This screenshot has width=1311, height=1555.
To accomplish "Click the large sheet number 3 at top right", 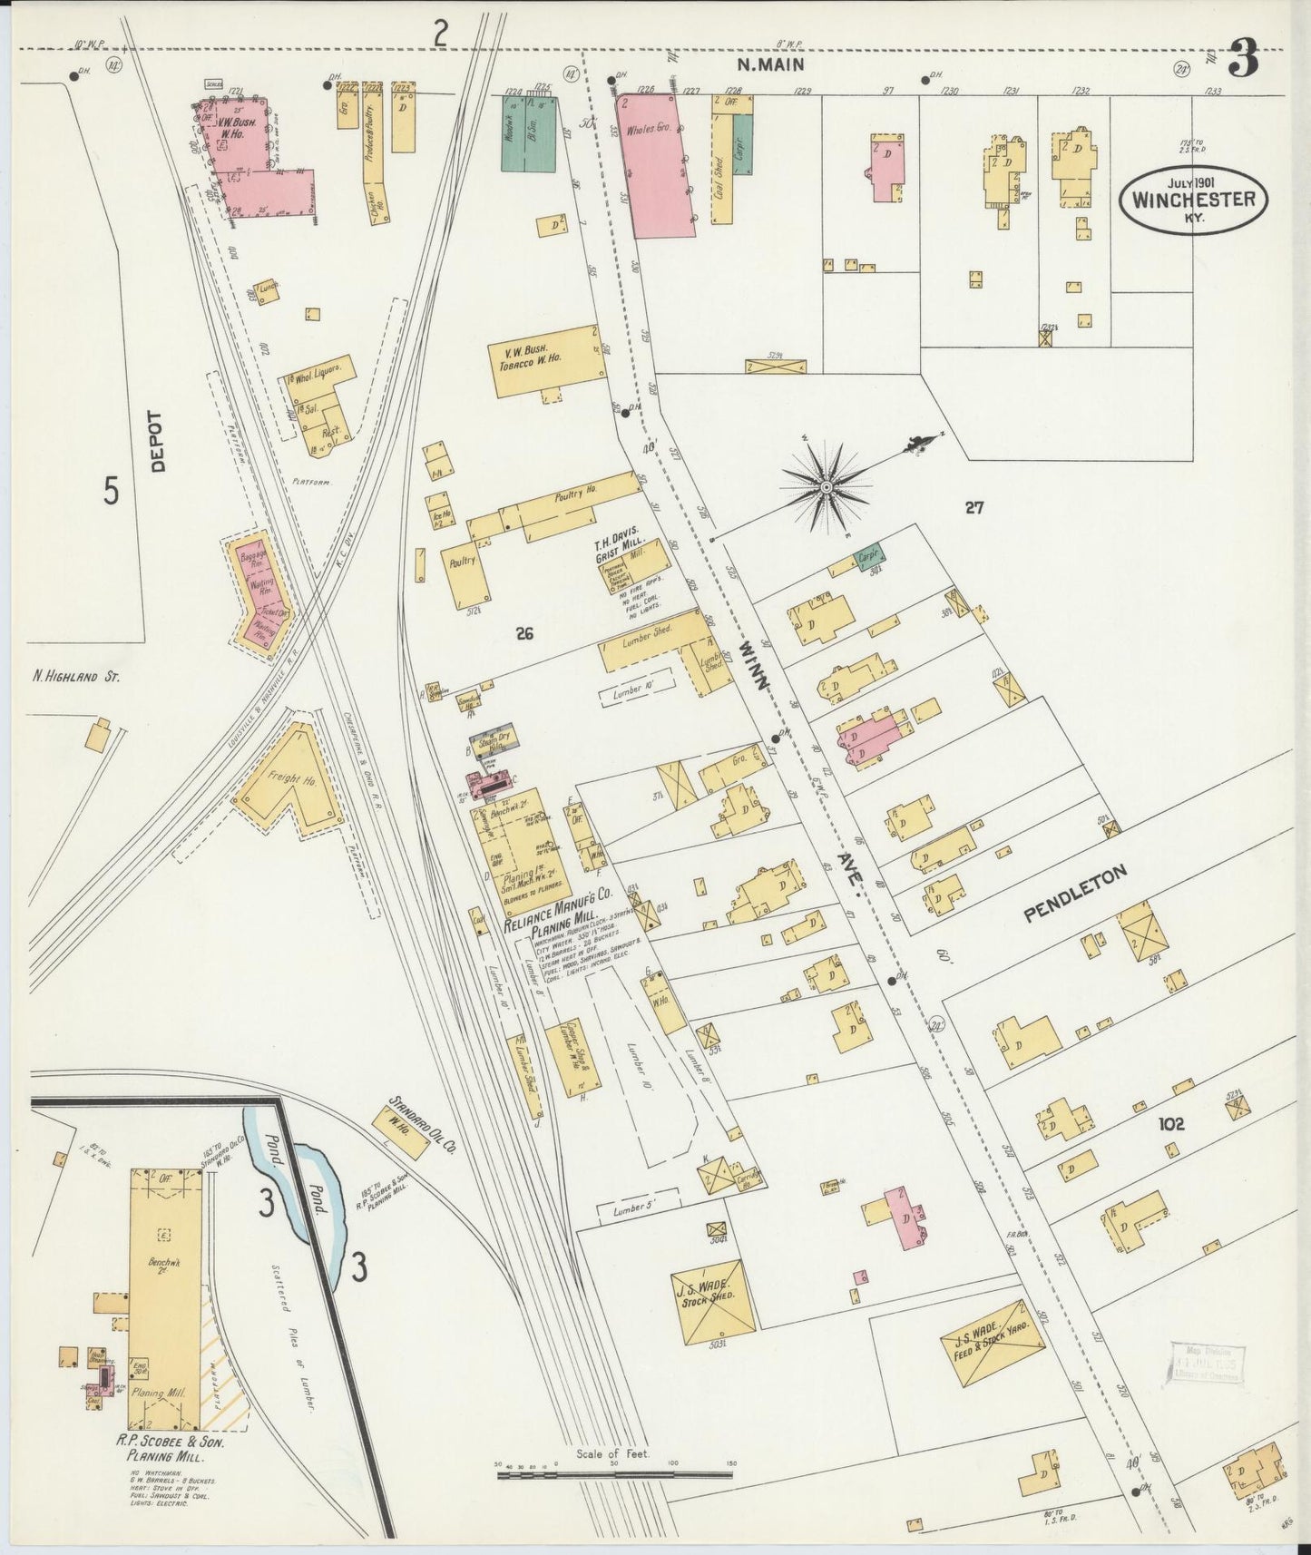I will click(1243, 60).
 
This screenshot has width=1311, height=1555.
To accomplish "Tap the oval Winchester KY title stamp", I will click(1192, 199).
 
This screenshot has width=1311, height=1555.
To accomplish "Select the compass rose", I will click(827, 487).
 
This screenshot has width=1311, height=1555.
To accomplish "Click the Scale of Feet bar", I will click(614, 1475).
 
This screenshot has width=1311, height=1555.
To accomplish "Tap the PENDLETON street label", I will click(1075, 894).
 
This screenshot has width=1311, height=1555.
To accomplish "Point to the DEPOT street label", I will click(159, 441).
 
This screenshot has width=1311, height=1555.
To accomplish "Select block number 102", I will click(1171, 1124).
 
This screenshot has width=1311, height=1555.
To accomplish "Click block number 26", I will click(523, 633).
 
